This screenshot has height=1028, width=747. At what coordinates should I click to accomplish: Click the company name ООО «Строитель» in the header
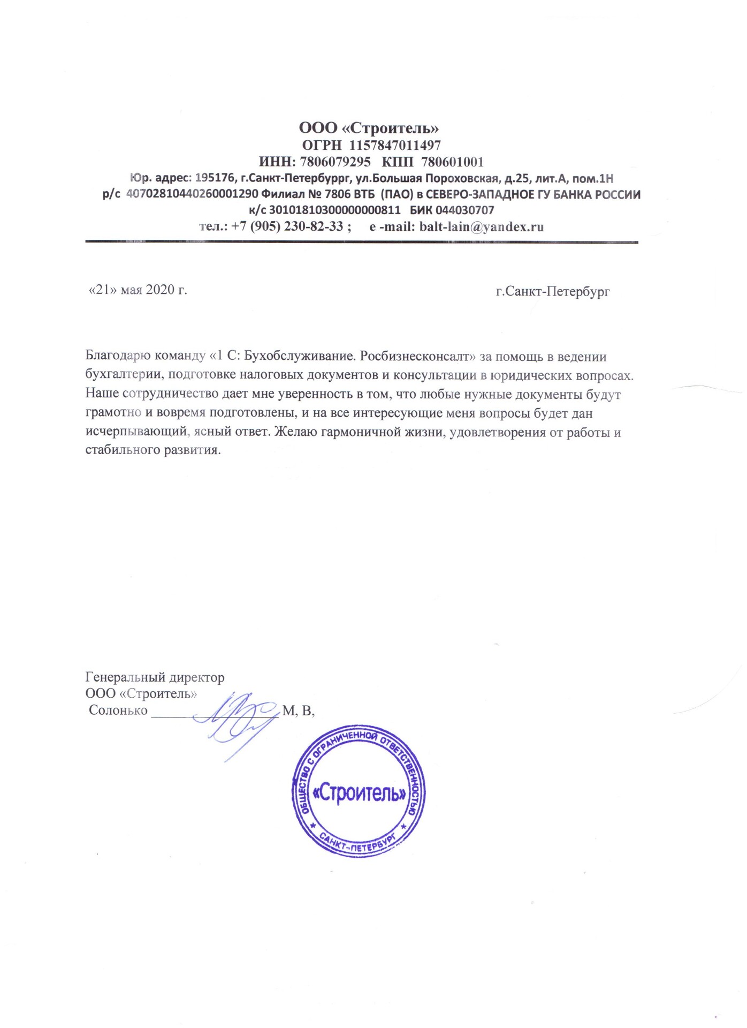click(369, 128)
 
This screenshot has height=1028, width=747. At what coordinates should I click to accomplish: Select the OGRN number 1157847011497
click(395, 146)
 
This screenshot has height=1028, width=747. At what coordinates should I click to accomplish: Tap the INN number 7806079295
click(335, 162)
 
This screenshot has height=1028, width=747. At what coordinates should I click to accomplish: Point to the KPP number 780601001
click(452, 162)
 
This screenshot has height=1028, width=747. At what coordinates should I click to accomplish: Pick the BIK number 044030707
click(464, 210)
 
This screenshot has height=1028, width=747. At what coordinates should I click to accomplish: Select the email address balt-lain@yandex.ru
click(482, 226)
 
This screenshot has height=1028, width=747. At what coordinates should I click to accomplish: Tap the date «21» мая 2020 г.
click(138, 290)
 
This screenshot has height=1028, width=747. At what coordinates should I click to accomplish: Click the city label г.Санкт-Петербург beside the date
click(553, 292)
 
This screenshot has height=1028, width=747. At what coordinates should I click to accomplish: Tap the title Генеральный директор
click(155, 678)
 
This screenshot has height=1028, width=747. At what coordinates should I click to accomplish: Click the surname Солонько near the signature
click(118, 710)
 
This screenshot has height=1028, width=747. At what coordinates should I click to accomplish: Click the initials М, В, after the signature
click(298, 710)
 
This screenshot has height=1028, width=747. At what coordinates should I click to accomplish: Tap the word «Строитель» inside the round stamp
click(359, 793)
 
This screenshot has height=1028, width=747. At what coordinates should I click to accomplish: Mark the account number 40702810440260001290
click(192, 194)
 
